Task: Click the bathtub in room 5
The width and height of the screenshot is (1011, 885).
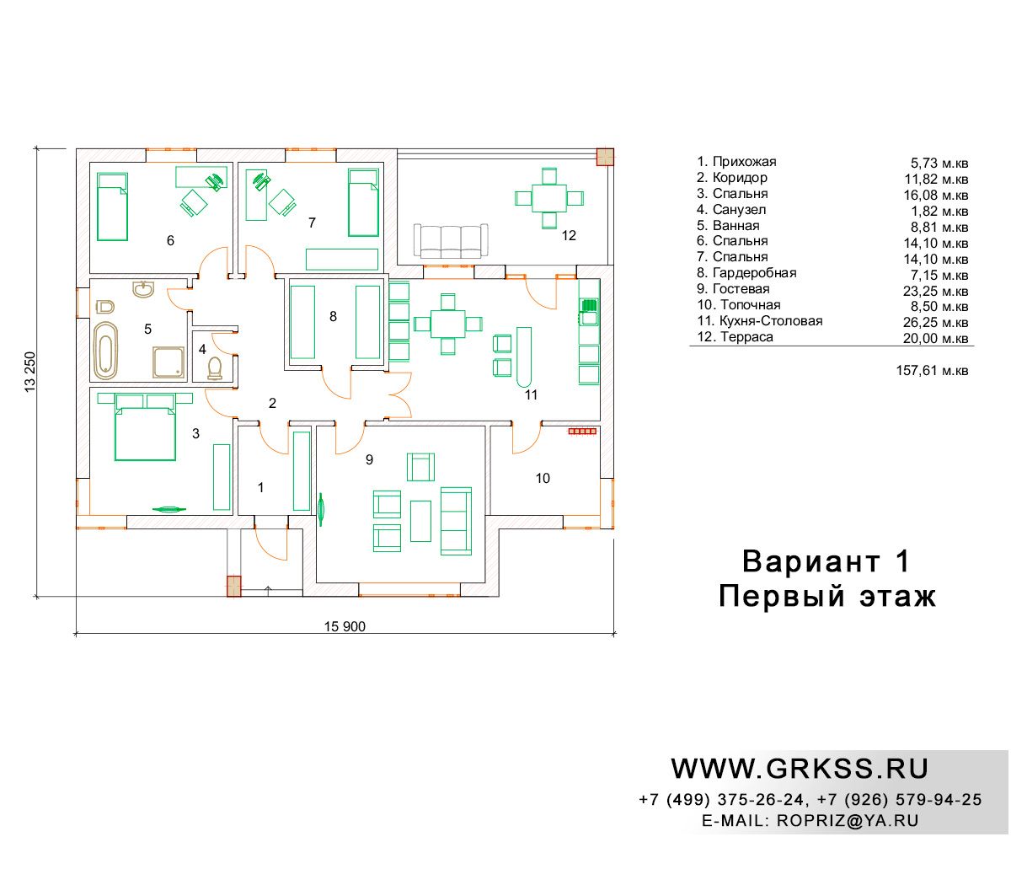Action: coord(105,350)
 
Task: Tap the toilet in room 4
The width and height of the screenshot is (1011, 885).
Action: coord(215,367)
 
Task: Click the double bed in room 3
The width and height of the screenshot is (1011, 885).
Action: coord(145,426)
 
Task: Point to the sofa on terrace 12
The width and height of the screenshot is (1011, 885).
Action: coord(450,241)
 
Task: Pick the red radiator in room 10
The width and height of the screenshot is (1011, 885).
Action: coord(582,432)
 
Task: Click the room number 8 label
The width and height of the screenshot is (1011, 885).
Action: coord(333,316)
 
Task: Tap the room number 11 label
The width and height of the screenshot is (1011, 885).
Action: coord(531,394)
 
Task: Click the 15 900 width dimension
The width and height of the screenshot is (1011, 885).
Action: coord(345,626)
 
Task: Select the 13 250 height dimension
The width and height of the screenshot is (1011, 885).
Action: coord(30,372)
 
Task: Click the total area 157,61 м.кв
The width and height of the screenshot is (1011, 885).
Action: coord(932,370)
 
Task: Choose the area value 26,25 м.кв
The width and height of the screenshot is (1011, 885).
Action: coord(935,322)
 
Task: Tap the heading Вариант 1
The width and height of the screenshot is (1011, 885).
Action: coord(826,561)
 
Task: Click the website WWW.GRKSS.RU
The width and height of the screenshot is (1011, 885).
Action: coord(800,769)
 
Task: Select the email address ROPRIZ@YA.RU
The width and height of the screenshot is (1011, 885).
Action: coord(848,820)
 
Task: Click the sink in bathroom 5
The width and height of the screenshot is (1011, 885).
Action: coord(143,289)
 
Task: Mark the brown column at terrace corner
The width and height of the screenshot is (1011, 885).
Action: coord(605,158)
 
